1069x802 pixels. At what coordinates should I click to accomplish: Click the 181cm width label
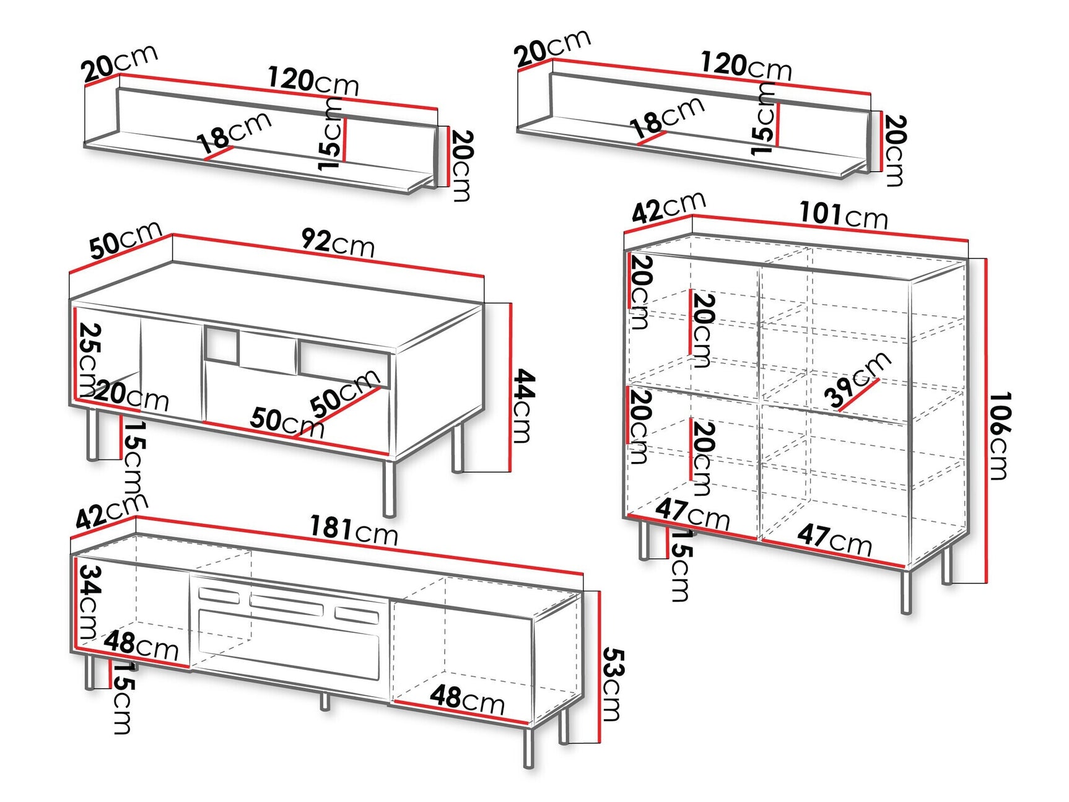click(354, 531)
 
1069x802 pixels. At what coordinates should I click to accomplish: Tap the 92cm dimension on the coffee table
click(338, 242)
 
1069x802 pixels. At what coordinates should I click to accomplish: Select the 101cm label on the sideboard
click(844, 215)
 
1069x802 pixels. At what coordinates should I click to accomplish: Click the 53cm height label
click(613, 684)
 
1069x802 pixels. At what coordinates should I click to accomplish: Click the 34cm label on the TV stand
click(89, 602)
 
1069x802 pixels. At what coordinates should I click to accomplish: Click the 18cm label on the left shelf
click(235, 132)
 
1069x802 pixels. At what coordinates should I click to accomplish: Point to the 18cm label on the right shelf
click(667, 116)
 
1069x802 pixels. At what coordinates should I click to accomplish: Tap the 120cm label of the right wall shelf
click(746, 66)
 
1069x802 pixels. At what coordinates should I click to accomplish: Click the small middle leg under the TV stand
click(325, 701)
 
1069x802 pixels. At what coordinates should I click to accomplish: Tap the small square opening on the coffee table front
click(222, 344)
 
